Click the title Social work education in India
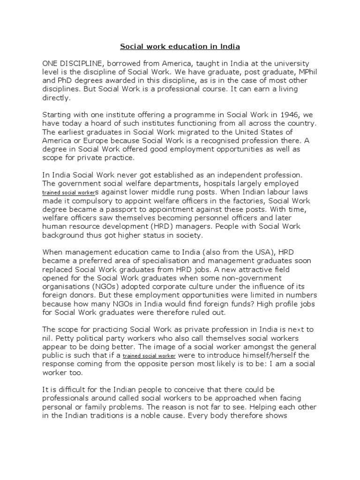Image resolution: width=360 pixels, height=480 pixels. click(180, 46)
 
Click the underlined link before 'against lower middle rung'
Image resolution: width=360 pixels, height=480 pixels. click(69, 193)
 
